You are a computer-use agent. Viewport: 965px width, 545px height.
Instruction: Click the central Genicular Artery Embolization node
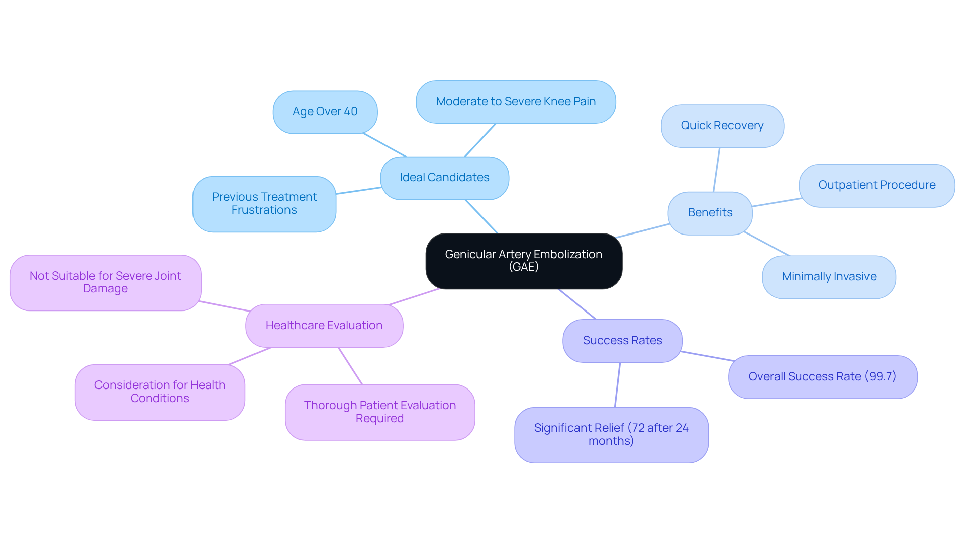tap(523, 261)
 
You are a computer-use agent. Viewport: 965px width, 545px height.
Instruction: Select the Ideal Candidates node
tap(444, 178)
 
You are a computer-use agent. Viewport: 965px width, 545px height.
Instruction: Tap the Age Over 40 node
tap(325, 112)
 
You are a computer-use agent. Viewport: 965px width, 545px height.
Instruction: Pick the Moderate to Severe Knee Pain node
tap(516, 102)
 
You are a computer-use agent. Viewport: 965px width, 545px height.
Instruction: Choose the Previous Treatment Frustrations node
tap(264, 204)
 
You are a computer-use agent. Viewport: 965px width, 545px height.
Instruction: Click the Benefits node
tap(710, 213)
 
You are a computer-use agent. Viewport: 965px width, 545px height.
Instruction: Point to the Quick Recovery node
tap(722, 126)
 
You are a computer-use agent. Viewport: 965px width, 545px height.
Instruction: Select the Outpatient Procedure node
tap(877, 185)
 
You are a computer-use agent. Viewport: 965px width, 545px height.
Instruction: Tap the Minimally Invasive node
tap(829, 277)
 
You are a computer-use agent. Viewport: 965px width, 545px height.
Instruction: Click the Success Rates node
tap(622, 341)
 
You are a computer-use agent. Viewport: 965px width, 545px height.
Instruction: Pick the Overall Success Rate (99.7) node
tap(822, 377)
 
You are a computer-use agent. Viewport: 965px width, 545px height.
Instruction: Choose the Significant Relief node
tap(611, 435)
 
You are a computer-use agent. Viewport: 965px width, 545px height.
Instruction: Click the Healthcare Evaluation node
tap(324, 326)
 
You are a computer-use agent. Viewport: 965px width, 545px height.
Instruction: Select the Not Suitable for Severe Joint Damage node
tap(105, 282)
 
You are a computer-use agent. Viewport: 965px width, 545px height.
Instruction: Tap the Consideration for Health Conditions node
tap(160, 392)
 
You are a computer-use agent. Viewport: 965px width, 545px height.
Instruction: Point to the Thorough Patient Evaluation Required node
tap(379, 412)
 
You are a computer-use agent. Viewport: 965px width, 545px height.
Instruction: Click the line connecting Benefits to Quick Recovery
tap(717, 170)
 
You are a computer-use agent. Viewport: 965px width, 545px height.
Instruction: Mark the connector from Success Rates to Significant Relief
tap(618, 385)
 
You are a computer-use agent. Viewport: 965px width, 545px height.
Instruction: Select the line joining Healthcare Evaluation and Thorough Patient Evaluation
tap(350, 366)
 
